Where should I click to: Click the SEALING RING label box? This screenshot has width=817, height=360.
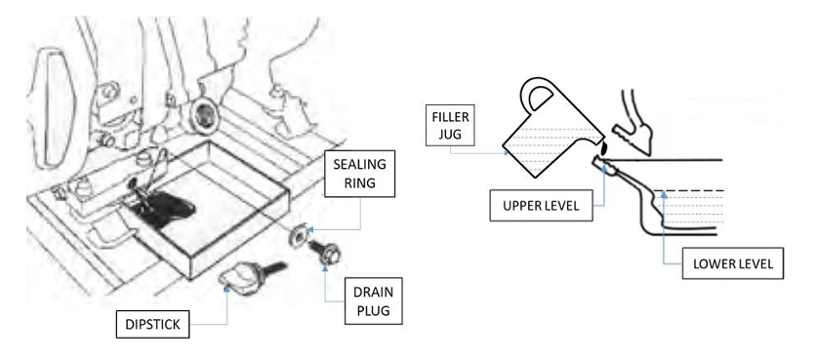coord(359,174)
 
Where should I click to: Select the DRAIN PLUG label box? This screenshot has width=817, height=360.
coord(374,300)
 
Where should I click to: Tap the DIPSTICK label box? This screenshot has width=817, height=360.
coord(152,324)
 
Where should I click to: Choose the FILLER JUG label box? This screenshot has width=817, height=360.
coord(450,125)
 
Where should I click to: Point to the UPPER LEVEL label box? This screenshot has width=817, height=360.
coord(541,206)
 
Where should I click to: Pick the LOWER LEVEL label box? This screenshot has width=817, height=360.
coord(733,263)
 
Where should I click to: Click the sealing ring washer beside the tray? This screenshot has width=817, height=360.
coord(298,235)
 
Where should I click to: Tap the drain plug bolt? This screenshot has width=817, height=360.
coord(321,251)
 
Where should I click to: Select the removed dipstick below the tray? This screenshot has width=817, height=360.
coord(250,275)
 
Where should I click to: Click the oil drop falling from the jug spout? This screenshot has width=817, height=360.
coord(603,148)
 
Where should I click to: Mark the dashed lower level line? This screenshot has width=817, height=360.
coord(688,190)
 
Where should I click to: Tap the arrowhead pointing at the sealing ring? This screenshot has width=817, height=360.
coord(310,229)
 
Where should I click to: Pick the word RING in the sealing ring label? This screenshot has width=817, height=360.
coord(359,182)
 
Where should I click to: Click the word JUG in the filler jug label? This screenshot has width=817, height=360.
coord(450,134)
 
